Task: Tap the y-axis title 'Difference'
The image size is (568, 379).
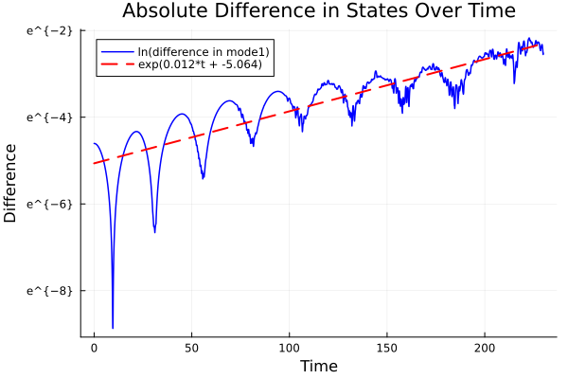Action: coord(10,183)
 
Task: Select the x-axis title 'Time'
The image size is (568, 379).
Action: coord(318,366)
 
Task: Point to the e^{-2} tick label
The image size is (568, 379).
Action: coord(48,30)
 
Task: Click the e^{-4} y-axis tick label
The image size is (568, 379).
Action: coord(48,117)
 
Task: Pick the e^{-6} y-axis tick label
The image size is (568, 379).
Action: coord(48,204)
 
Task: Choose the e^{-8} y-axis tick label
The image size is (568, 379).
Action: coord(48,290)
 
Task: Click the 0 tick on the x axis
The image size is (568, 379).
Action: coord(94,349)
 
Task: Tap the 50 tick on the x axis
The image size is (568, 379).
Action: coord(191,349)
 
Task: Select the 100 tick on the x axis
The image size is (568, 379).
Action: coord(289,349)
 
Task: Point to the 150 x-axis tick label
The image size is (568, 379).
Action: coord(387,349)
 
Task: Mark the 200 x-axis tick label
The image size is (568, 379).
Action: coord(485,349)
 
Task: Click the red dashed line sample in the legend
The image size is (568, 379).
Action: coord(116,64)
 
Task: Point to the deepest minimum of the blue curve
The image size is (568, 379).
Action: coord(113,327)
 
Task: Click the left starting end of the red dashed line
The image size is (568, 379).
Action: coord(94,164)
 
